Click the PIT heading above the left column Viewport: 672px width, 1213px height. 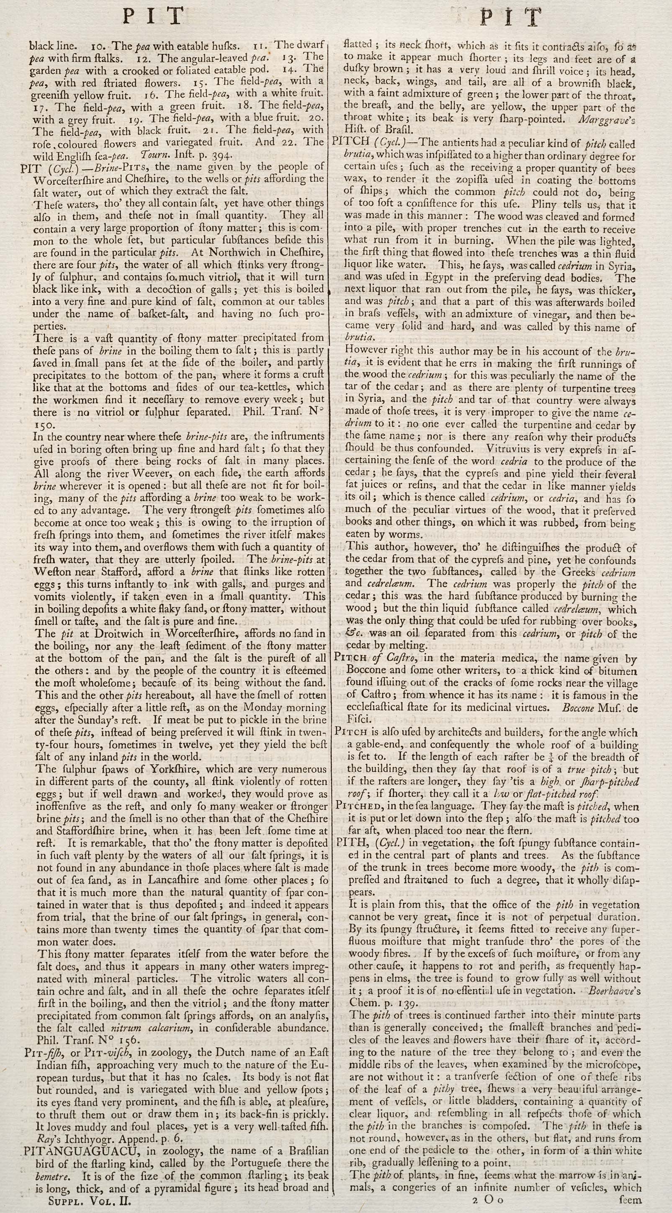[x=153, y=18]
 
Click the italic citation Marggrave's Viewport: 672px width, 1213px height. [x=605, y=119]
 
